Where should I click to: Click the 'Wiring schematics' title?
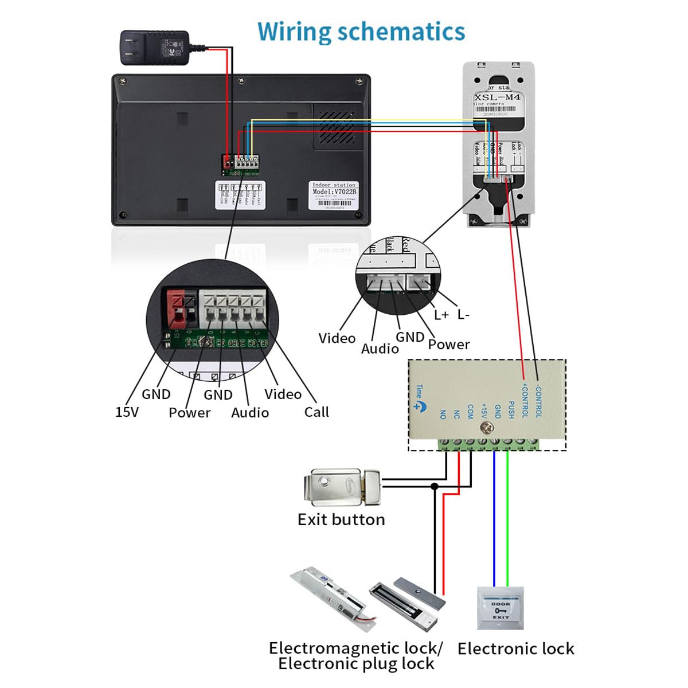pos(361,32)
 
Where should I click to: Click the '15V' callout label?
pos(127,412)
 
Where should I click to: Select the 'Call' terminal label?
pos(316,412)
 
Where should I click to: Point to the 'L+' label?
pos(441,315)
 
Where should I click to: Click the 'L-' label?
pos(463,314)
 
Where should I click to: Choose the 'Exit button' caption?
pos(341,519)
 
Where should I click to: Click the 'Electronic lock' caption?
pos(515,648)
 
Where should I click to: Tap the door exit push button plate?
pos(501,608)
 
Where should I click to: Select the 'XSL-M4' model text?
pos(497,97)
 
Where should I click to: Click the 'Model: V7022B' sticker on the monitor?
pos(334,195)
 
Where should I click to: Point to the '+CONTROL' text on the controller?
pos(525,400)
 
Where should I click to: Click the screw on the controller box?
pos(487,427)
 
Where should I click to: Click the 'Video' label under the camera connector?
pos(337,338)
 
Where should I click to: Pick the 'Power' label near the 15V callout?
pos(189,412)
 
